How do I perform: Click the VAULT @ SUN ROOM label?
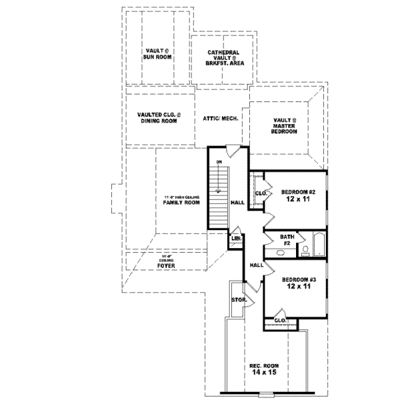[158, 54]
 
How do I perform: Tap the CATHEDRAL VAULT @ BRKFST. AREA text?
[222, 58]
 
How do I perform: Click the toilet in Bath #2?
[303, 250]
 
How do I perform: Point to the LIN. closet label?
[236, 239]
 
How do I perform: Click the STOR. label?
[239, 301]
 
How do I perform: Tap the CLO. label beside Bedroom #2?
[261, 194]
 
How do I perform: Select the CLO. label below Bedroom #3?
[280, 321]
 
